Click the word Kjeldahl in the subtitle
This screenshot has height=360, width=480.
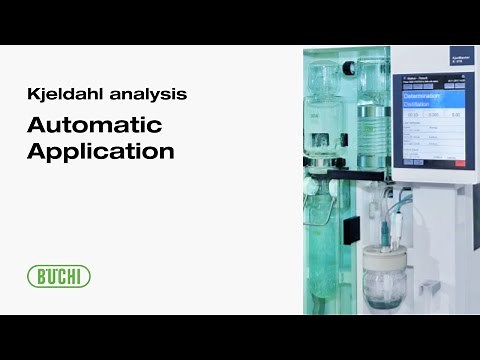pos(62,97)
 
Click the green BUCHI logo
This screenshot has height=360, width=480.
pos(59,276)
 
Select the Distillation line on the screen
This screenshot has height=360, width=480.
pos(417,104)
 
